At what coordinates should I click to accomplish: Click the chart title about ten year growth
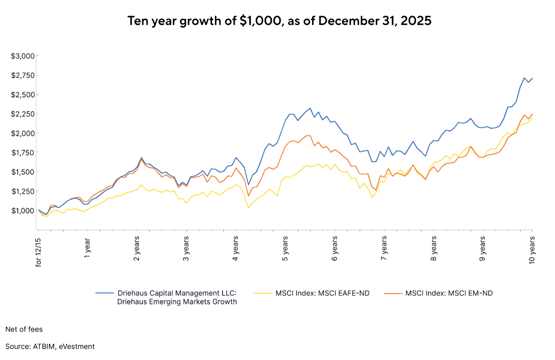click(279, 21)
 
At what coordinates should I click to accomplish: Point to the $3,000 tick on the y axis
click(22, 56)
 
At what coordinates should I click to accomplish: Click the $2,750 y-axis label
click(22, 75)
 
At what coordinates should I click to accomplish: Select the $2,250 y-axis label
click(22, 114)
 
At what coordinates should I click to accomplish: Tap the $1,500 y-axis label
click(22, 172)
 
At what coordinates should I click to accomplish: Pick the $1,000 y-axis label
click(22, 211)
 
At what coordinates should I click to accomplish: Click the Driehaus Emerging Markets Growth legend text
click(177, 298)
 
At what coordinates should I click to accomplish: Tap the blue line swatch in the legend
click(104, 294)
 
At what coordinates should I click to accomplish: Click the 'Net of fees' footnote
click(24, 329)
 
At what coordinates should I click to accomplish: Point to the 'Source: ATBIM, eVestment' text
click(50, 347)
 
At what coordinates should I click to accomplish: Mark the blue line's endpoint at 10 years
click(532, 78)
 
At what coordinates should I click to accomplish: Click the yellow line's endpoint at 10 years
click(532, 118)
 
